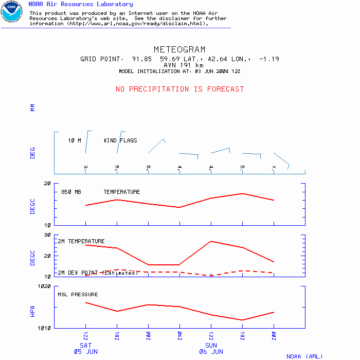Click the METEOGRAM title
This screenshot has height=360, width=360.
click(179, 49)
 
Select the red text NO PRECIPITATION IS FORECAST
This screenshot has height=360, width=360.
click(179, 89)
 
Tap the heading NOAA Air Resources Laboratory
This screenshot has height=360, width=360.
click(80, 4)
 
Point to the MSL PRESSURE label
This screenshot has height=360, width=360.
click(77, 295)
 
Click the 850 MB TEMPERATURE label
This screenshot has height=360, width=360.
click(100, 192)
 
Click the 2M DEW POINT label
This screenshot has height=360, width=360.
click(97, 273)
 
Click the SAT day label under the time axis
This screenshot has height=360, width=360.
click(85, 345)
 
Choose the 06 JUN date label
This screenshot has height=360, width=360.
click(211, 352)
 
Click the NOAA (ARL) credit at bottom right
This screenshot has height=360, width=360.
click(304, 356)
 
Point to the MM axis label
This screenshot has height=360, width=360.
click(32, 107)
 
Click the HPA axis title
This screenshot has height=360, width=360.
click(32, 311)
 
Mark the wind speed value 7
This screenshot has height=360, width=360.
click(274, 167)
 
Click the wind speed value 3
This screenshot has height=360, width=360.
click(85, 167)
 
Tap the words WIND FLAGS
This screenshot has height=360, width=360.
click(120, 140)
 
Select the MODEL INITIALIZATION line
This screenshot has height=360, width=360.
click(179, 71)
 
